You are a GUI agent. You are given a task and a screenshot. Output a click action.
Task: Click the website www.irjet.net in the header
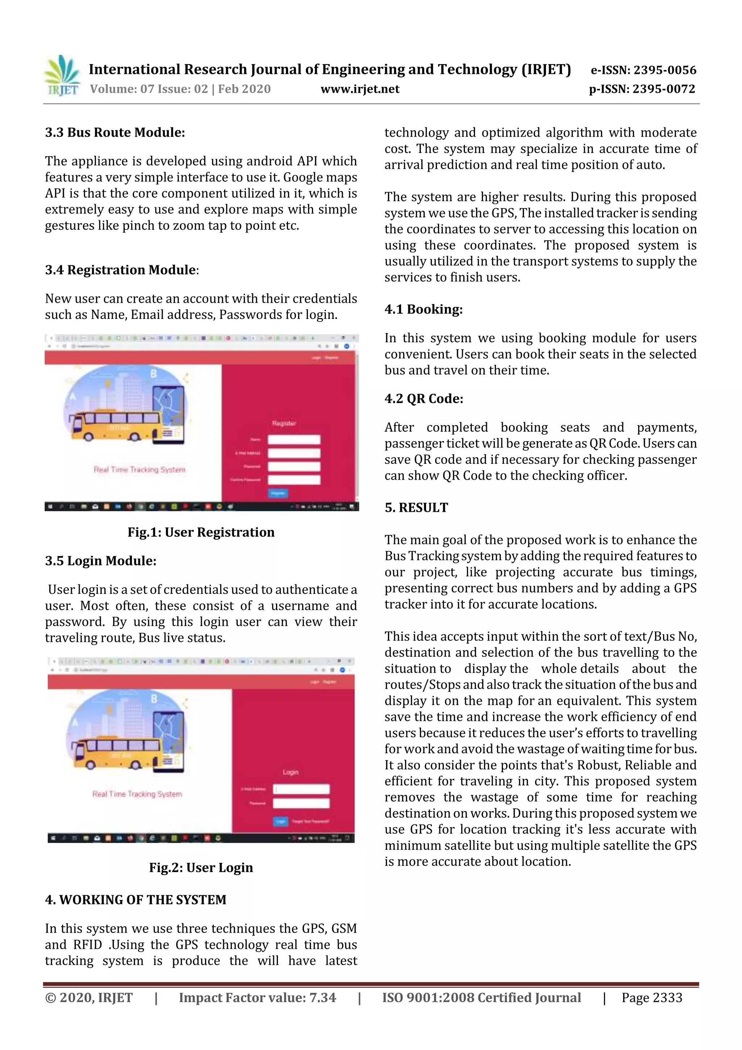click(360, 89)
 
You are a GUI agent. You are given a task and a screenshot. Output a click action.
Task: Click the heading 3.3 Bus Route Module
click(115, 133)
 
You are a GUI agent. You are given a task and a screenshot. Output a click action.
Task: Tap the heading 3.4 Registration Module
click(121, 270)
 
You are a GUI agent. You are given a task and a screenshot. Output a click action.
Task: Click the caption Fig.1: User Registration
click(201, 532)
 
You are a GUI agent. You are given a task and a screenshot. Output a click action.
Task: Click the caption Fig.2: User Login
click(201, 868)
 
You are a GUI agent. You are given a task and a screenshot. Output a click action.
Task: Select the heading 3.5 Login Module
click(101, 561)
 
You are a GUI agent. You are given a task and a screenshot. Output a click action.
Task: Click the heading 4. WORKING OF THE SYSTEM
click(136, 900)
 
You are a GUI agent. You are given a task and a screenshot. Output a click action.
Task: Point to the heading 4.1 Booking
click(423, 309)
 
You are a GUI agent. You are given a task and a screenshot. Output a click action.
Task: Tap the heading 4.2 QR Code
click(424, 399)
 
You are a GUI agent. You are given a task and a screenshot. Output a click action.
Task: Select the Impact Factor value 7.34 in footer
click(257, 998)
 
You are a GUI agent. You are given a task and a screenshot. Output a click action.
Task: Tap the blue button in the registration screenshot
click(278, 493)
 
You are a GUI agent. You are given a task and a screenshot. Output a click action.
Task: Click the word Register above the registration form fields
click(284, 423)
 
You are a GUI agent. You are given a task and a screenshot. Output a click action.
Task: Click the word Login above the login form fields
click(290, 772)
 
